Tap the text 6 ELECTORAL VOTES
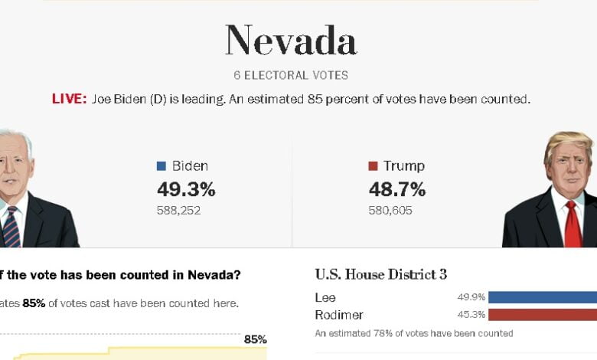point(291,76)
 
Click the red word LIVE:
point(69,100)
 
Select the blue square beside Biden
point(161,166)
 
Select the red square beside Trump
point(373,166)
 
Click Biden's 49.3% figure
point(186,189)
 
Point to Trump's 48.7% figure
point(397,189)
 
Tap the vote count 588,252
point(178,210)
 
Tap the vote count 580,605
point(390,210)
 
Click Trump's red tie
point(572,224)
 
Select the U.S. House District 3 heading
point(381,274)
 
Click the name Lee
point(325,297)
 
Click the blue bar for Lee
point(542,297)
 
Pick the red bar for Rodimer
point(542,315)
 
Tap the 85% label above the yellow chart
point(255,339)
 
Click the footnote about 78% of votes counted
point(414,333)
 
